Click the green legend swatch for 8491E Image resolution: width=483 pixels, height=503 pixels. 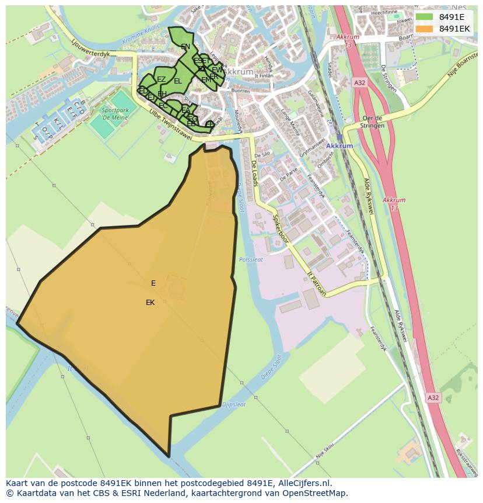(x=424, y=17)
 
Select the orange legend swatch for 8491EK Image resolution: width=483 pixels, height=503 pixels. (x=424, y=29)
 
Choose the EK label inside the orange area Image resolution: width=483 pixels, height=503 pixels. (x=150, y=303)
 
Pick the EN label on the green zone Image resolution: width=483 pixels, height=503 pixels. (x=185, y=47)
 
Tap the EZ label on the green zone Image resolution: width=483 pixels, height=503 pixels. (x=162, y=79)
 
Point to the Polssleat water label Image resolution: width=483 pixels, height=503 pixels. (x=251, y=259)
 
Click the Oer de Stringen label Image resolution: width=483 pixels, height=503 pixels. (x=372, y=122)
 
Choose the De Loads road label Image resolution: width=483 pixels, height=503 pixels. (x=256, y=174)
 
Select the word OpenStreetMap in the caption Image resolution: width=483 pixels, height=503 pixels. (x=312, y=493)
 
